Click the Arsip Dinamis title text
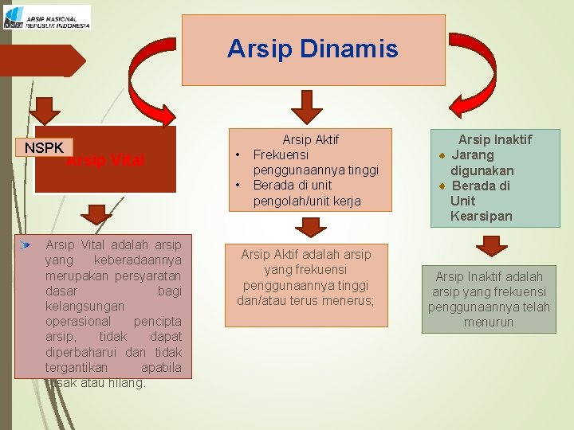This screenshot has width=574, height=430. tap(313, 49)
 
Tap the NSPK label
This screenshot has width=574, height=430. tap(44, 148)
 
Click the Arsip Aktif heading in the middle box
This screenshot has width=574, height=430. tap(310, 139)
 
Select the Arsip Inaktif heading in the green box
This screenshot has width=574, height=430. tap(494, 139)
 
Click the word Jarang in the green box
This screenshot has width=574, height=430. tap(473, 154)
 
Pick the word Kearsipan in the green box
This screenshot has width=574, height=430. tap(481, 216)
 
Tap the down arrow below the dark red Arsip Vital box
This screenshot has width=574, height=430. tap(97, 213)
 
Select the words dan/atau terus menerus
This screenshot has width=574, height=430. tap(305, 300)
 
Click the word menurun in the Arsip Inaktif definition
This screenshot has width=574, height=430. tap(489, 322)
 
